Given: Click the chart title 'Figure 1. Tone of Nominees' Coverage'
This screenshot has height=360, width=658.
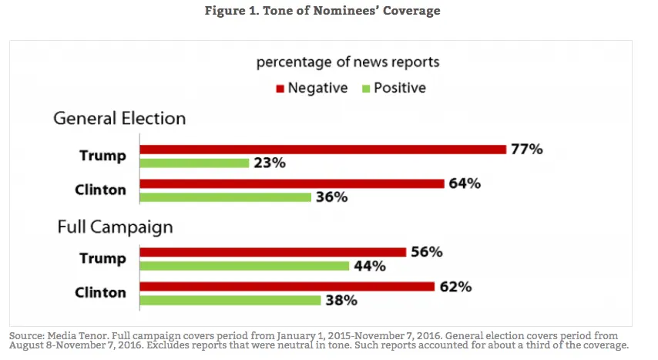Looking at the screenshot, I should click(x=329, y=12).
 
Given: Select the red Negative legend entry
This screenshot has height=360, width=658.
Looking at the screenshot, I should click(x=312, y=88).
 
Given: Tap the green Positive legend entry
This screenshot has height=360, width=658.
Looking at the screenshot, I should click(x=393, y=88).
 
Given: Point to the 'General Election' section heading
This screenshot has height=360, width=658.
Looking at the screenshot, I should click(x=119, y=119).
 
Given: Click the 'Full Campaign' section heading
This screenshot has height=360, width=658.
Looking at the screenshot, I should click(x=115, y=227).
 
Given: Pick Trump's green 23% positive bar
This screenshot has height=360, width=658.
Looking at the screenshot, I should click(x=194, y=163).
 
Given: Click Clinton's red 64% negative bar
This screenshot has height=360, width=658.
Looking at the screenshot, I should click(x=292, y=183).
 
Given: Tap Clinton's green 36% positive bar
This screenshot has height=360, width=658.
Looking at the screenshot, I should click(x=225, y=197).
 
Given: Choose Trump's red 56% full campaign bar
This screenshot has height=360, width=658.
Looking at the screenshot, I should click(x=273, y=252).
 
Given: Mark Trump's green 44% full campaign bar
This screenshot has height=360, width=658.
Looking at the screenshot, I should click(x=244, y=266).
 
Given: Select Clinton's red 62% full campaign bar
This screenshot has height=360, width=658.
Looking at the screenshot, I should click(x=287, y=287).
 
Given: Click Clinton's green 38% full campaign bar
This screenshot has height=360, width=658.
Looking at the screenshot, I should click(x=230, y=300).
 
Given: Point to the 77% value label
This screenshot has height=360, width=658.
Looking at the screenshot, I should click(x=526, y=149).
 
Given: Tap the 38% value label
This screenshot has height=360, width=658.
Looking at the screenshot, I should click(x=341, y=301).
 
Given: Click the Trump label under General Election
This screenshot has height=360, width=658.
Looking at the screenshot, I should click(x=102, y=155).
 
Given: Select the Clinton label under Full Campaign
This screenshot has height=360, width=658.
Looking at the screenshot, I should click(x=101, y=293).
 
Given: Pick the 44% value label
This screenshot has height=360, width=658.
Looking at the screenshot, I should click(x=369, y=266).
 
